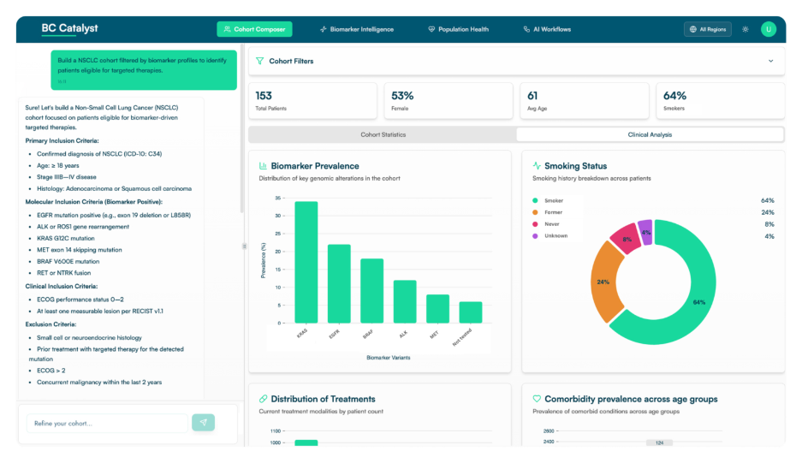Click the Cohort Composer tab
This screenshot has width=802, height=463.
tap(254, 29)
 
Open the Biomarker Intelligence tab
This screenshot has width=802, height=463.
tap(356, 29)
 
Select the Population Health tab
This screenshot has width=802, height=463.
tap(458, 29)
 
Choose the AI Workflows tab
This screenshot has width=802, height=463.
tap(547, 29)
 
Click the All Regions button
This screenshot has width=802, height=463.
tap(707, 29)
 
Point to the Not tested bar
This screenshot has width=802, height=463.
tap(471, 312)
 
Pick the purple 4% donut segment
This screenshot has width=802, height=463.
tap(646, 233)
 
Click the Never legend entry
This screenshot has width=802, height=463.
tap(548, 224)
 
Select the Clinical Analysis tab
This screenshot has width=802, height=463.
tap(650, 134)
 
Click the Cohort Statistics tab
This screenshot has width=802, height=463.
tap(383, 134)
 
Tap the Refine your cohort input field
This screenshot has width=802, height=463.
tap(107, 423)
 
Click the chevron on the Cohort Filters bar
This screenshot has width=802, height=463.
tap(770, 61)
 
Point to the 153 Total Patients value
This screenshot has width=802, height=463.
tap(264, 96)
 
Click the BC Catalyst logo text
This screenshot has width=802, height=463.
tap(70, 28)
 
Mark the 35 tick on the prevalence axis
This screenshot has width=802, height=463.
tap(277, 198)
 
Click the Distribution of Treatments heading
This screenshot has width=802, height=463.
tap(323, 399)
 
